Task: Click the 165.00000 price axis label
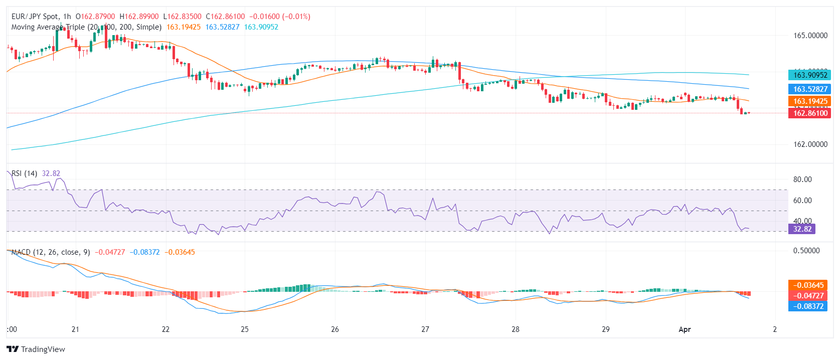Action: (x=810, y=36)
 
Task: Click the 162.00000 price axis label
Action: (x=810, y=144)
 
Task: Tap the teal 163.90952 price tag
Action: (x=810, y=75)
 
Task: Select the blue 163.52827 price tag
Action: (x=810, y=89)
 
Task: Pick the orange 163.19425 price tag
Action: (x=810, y=101)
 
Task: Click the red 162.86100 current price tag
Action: (x=810, y=113)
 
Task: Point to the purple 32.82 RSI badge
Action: (x=802, y=229)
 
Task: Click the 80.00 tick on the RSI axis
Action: (x=802, y=179)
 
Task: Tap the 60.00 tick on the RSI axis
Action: (x=802, y=201)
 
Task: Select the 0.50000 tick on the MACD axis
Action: (x=806, y=251)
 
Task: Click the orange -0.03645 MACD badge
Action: (x=808, y=285)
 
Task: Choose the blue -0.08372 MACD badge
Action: (x=808, y=306)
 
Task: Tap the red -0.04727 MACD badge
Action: (x=808, y=296)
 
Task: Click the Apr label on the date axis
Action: (x=685, y=329)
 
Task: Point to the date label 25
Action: (x=245, y=329)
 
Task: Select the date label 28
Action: (x=516, y=329)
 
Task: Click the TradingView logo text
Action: (x=43, y=349)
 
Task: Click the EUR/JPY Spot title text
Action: (x=35, y=17)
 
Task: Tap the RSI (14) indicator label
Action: (x=24, y=173)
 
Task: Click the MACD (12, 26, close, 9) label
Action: (x=51, y=252)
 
